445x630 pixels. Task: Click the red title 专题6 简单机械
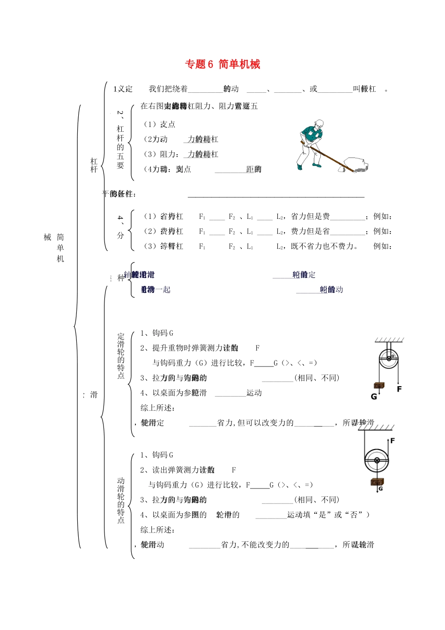pyautogui.click(x=222, y=64)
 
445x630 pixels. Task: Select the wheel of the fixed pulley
pyautogui.click(x=388, y=360)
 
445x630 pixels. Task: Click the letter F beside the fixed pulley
pyautogui.click(x=399, y=389)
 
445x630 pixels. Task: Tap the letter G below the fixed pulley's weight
pyautogui.click(x=374, y=397)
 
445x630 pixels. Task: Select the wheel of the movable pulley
pyautogui.click(x=377, y=460)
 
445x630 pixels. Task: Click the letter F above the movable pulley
pyautogui.click(x=393, y=441)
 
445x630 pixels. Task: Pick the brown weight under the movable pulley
pyautogui.click(x=377, y=481)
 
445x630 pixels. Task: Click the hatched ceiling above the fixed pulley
pyautogui.click(x=389, y=339)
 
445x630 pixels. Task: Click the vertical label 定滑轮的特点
pyautogui.click(x=121, y=356)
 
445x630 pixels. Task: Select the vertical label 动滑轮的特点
pyautogui.click(x=121, y=500)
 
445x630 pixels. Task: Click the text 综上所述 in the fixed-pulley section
pyautogui.click(x=158, y=408)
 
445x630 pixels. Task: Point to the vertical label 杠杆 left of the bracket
pyautogui.click(x=94, y=165)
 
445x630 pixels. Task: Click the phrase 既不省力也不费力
pyautogui.click(x=324, y=246)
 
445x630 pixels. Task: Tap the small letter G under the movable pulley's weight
pyautogui.click(x=381, y=488)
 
